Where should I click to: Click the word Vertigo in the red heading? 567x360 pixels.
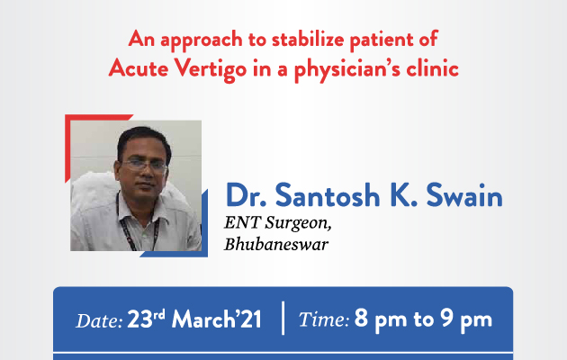click(x=211, y=69)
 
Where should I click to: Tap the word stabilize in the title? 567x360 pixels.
click(x=308, y=39)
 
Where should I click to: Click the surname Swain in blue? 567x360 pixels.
click(x=464, y=195)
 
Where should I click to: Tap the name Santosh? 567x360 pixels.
click(x=328, y=195)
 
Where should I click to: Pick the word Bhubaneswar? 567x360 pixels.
click(x=276, y=244)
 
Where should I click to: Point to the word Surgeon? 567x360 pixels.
click(x=298, y=223)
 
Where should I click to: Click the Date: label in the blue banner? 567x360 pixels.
click(x=99, y=320)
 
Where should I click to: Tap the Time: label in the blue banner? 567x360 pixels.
click(x=324, y=319)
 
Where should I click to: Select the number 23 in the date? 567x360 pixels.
click(x=139, y=319)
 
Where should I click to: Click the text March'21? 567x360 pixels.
click(x=216, y=319)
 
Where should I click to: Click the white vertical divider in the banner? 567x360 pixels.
click(x=283, y=318)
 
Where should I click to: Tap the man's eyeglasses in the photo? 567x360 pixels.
click(x=145, y=166)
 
